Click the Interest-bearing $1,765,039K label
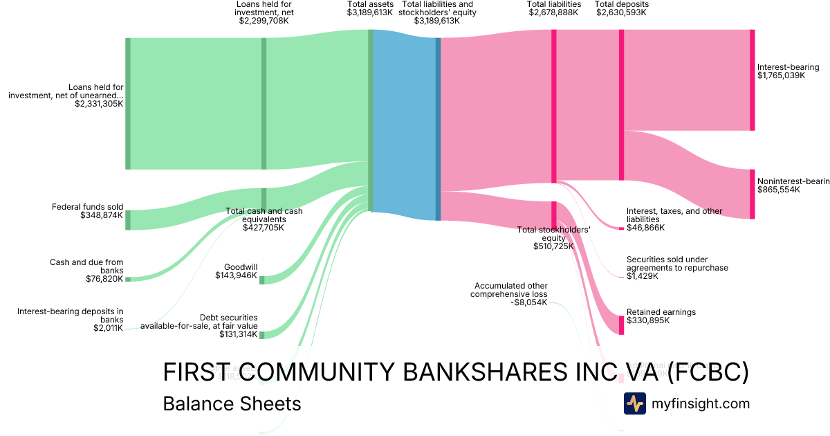[788, 71]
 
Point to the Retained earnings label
[661, 316]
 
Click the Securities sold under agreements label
[676, 267]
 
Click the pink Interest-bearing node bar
[752, 80]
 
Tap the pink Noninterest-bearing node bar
[752, 194]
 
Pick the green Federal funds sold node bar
[127, 220]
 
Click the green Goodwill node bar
[261, 280]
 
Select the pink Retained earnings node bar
[621, 325]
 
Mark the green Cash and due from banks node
[127, 279]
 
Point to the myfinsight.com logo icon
[634, 403]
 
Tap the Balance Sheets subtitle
[232, 403]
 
